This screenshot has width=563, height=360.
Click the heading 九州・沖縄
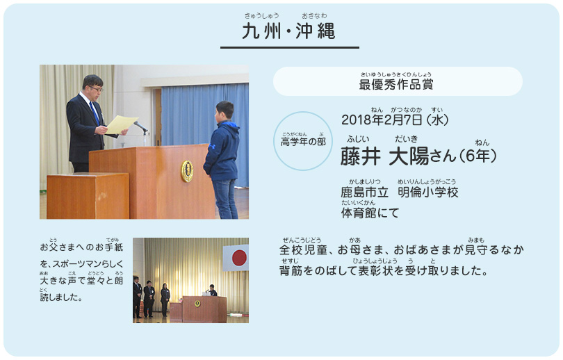(x=288, y=31)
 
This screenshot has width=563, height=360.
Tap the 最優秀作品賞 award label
(x=396, y=85)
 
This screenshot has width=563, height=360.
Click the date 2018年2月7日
(x=382, y=120)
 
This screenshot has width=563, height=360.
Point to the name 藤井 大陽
(x=384, y=156)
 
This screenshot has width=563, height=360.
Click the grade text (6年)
(x=477, y=156)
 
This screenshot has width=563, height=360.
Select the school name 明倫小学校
(x=428, y=193)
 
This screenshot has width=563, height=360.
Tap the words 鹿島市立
(x=364, y=193)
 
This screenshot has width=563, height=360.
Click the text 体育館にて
(x=370, y=213)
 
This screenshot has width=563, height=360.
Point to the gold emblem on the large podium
(x=187, y=171)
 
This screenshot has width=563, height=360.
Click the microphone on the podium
(x=140, y=126)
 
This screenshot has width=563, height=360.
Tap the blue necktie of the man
(x=95, y=113)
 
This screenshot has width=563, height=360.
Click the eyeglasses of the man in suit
(x=95, y=88)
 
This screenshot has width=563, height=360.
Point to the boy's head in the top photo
(x=225, y=111)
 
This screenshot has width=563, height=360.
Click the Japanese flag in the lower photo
(x=236, y=258)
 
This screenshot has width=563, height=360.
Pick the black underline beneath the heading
(x=290, y=47)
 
